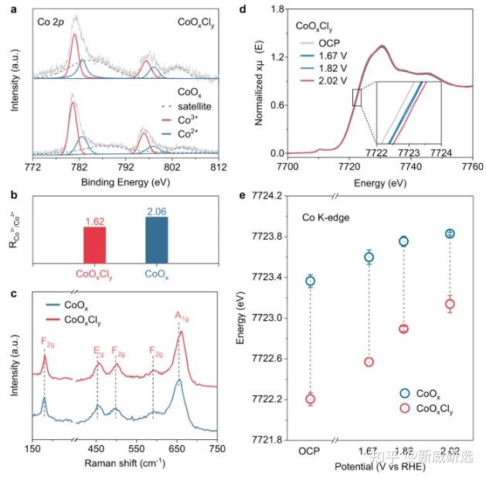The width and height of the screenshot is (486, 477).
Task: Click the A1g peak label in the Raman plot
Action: [182, 314]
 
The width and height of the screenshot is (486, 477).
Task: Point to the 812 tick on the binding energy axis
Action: [218, 166]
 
